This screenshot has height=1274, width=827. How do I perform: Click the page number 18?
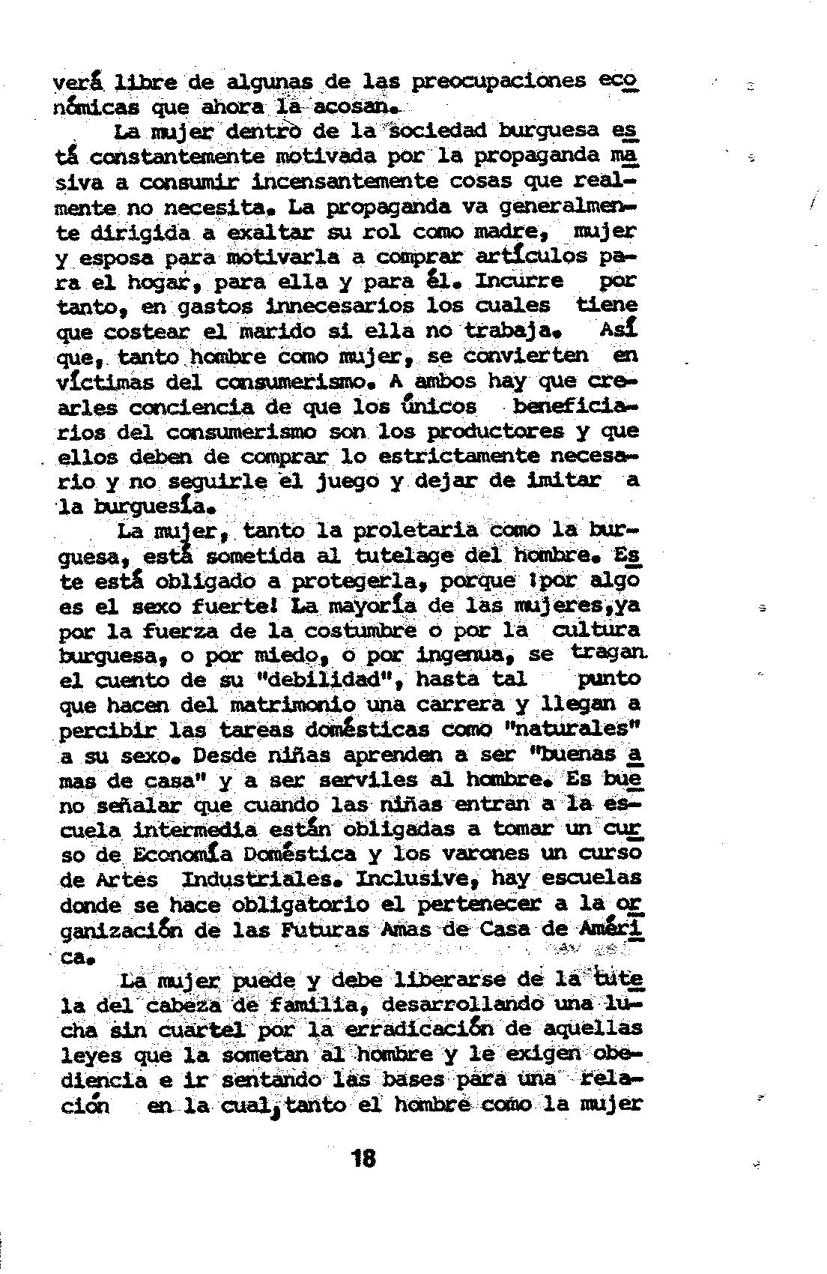[363, 1159]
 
